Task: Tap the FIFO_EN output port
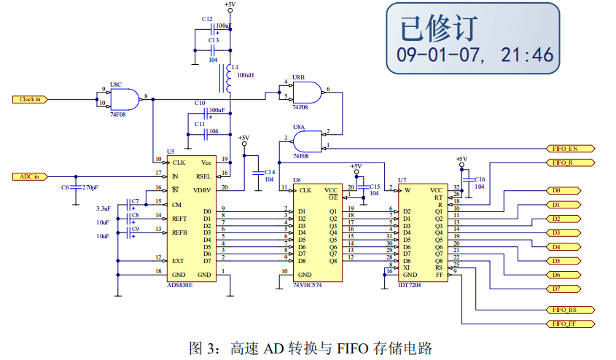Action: pos(569,149)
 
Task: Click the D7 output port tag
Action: pos(562,289)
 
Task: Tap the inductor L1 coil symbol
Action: pos(230,76)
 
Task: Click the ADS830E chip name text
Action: pos(180,285)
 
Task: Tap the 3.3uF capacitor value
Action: pos(102,208)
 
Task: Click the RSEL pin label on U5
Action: pos(203,176)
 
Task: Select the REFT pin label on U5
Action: pos(179,218)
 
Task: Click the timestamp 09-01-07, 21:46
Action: pos(475,55)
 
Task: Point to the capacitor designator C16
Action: pos(480,179)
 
